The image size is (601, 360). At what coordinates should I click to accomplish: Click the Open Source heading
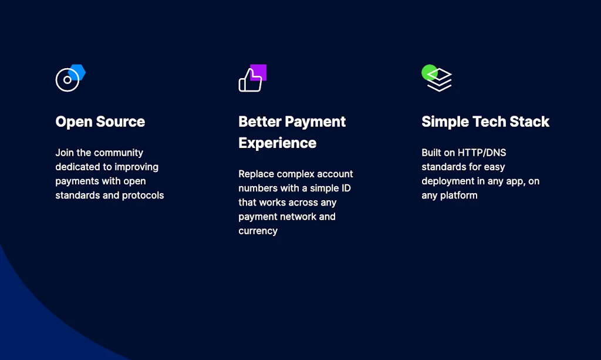100,122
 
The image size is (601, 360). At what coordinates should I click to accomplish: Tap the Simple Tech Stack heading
485,122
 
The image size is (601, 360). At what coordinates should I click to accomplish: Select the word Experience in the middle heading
277,143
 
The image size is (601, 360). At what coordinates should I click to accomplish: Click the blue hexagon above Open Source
79,72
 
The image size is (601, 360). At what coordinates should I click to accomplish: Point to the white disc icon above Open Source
66,80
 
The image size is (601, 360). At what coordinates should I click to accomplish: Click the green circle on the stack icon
428,72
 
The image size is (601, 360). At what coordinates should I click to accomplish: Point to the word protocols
143,195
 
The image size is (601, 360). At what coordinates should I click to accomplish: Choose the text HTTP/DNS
482,153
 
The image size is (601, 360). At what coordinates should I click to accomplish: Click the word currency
258,231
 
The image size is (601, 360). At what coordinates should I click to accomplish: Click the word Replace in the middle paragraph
256,174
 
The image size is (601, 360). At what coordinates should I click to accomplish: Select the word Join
65,153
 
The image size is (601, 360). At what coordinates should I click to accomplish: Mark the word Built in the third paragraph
431,153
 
